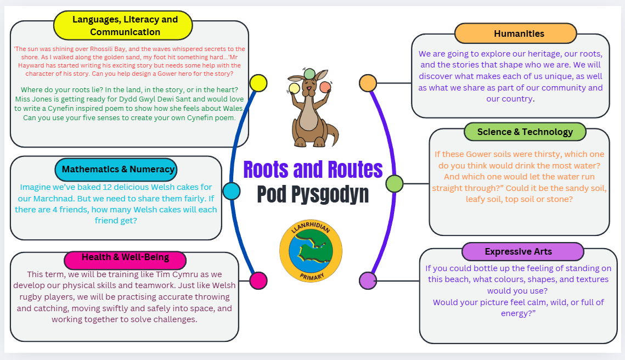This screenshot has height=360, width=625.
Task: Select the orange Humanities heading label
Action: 516,33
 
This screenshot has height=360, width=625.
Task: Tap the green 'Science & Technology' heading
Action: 525,132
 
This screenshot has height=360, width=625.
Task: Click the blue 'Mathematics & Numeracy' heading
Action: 116,169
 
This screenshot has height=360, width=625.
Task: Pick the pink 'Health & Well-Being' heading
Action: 125,257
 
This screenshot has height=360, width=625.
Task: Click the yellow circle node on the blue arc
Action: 258,83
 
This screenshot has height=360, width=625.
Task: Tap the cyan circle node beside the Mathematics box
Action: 232,190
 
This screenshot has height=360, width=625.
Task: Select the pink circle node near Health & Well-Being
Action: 258,280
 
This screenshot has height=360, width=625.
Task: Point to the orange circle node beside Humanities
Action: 368,83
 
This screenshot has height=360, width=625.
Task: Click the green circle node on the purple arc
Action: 395,184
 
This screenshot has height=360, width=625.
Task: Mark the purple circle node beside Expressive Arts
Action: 368,280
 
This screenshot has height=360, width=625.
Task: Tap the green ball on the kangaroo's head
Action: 309,74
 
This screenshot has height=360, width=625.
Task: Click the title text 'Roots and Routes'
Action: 313,170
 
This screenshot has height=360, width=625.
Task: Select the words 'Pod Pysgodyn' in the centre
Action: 313,194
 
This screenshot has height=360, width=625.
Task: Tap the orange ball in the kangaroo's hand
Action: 325,87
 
